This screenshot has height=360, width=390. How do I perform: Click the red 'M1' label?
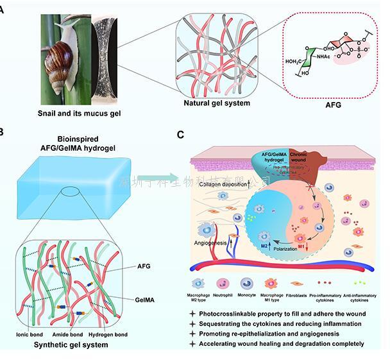pyautogui.click(x=300, y=246)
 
